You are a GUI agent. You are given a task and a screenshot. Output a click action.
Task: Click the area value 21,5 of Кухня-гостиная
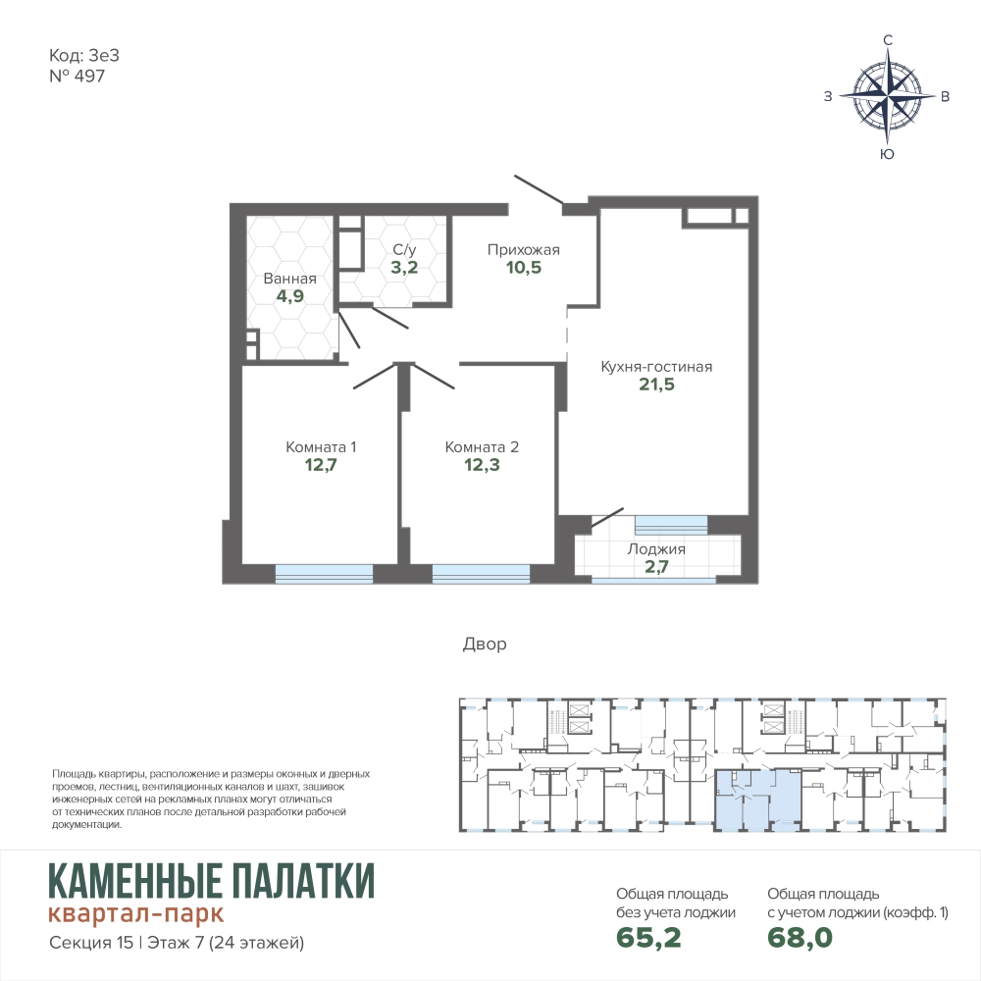(x=656, y=385)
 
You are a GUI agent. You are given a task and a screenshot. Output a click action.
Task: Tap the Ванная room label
(x=289, y=279)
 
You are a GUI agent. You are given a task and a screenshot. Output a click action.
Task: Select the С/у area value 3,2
(x=404, y=267)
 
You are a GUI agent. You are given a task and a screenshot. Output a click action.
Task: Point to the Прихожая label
(x=524, y=249)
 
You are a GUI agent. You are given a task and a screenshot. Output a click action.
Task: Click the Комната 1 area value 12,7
(x=321, y=465)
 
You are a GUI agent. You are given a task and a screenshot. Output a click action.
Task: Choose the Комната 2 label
(x=482, y=446)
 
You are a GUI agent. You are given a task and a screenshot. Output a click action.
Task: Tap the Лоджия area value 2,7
(x=656, y=567)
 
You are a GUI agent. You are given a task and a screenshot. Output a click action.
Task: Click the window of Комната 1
(x=324, y=574)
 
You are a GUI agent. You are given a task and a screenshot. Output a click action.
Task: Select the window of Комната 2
(x=481, y=574)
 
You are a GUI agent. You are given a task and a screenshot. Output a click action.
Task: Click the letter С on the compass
(x=887, y=40)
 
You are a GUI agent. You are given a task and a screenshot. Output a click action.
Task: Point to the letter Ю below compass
(x=887, y=154)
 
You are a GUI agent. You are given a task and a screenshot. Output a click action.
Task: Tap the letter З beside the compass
(x=828, y=96)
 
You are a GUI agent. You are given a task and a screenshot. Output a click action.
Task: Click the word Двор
(x=485, y=644)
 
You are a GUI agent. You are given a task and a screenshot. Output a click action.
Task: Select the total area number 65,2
(x=648, y=937)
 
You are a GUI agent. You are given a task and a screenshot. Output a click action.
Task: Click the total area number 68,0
(x=800, y=937)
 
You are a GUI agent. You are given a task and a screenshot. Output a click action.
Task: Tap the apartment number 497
(x=89, y=76)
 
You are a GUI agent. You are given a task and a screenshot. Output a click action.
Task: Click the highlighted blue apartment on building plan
(x=757, y=800)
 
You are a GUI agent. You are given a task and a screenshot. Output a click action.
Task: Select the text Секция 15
(x=91, y=942)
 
